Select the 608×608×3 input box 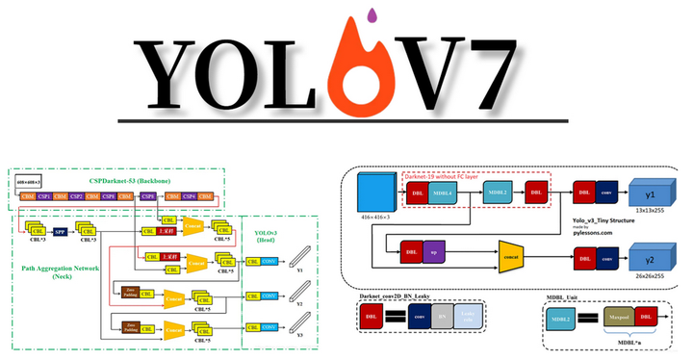click(28, 180)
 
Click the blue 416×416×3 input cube click(376, 196)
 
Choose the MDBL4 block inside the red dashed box click(444, 193)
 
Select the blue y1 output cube click(652, 193)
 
